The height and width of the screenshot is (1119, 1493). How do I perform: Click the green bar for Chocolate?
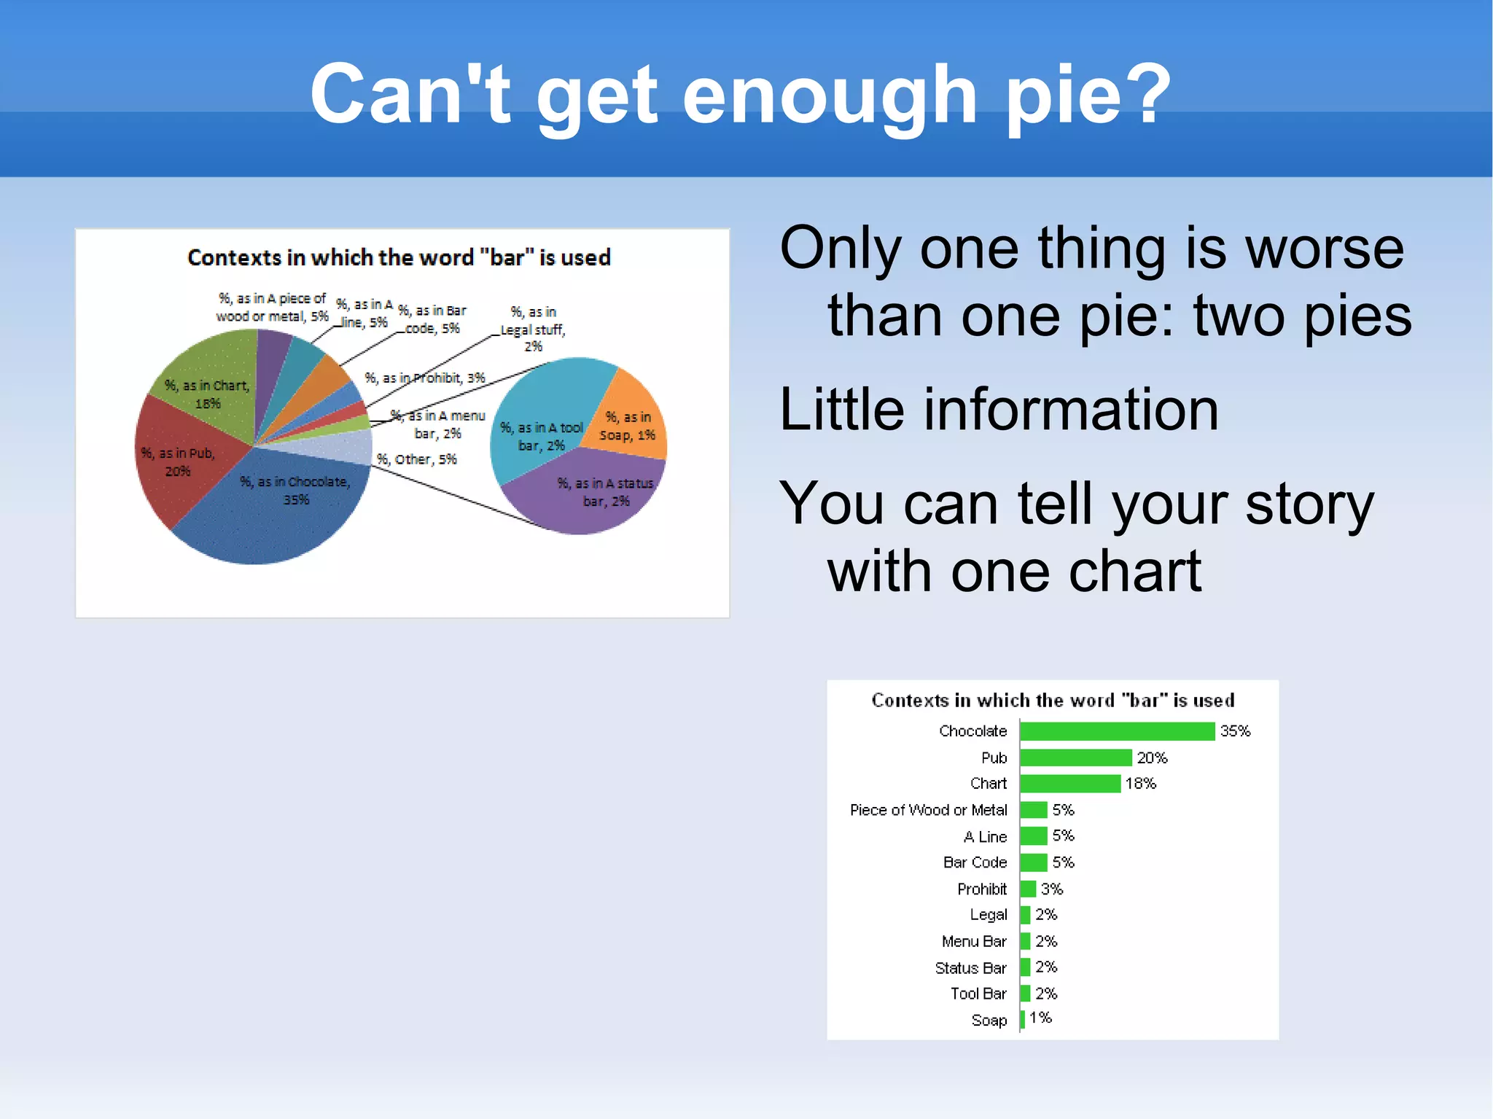1117,731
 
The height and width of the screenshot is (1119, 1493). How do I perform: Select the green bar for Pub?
1076,758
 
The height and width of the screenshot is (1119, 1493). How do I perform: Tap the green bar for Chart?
1070,784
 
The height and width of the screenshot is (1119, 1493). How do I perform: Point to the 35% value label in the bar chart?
1235,731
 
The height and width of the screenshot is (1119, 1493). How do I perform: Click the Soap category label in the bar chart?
989,1021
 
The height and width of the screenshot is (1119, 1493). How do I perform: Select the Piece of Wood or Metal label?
928,810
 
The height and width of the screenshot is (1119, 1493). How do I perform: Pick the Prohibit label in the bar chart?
981,889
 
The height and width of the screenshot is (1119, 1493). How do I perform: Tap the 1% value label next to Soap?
1040,1018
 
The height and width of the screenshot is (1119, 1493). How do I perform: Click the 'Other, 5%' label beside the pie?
416,459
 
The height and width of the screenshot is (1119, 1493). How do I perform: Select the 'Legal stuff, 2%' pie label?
533,329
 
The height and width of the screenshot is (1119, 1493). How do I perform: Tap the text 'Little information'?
999,410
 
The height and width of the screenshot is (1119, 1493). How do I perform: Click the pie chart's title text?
399,257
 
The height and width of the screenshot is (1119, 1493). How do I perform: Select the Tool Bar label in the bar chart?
978,994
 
